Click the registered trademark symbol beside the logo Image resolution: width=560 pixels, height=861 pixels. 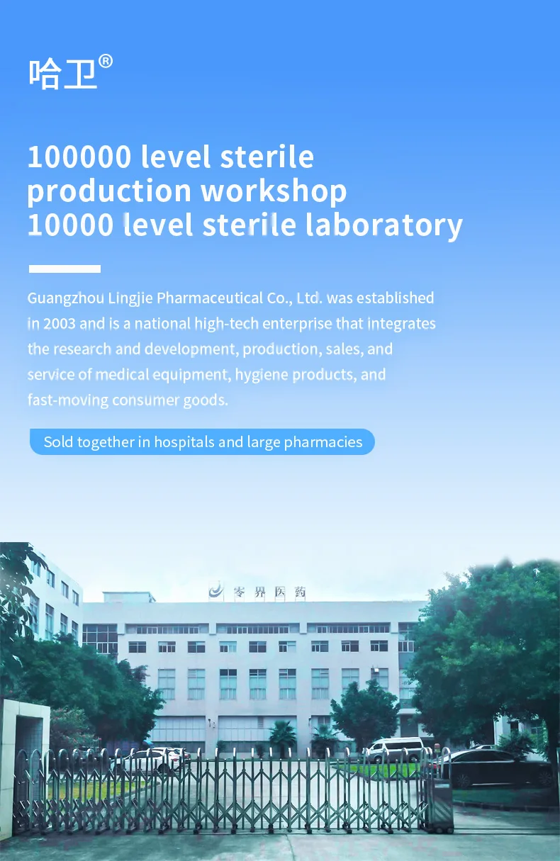[106, 62]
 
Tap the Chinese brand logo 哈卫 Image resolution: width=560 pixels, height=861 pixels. [62, 74]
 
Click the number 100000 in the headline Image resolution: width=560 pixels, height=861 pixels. [79, 157]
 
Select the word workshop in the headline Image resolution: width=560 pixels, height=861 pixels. [274, 191]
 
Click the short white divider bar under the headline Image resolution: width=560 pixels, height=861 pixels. [65, 269]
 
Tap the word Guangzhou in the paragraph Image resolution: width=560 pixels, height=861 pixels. [66, 298]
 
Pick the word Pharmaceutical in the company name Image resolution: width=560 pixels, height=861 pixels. [210, 298]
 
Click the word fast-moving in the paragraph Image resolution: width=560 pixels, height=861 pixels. [68, 400]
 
